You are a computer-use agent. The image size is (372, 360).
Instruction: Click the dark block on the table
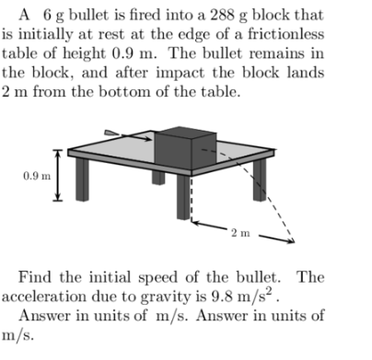[180, 147]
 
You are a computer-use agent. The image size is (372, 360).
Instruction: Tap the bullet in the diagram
[113, 133]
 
